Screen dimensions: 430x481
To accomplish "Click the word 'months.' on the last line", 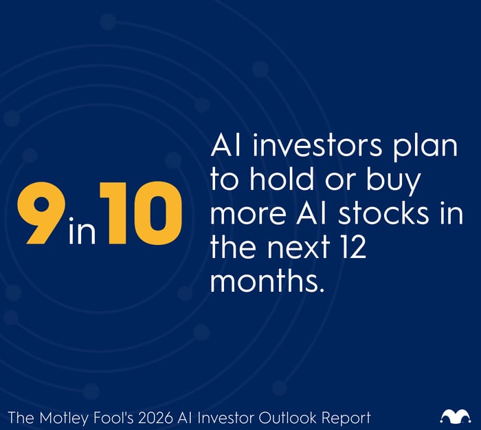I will pyautogui.click(x=267, y=281).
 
